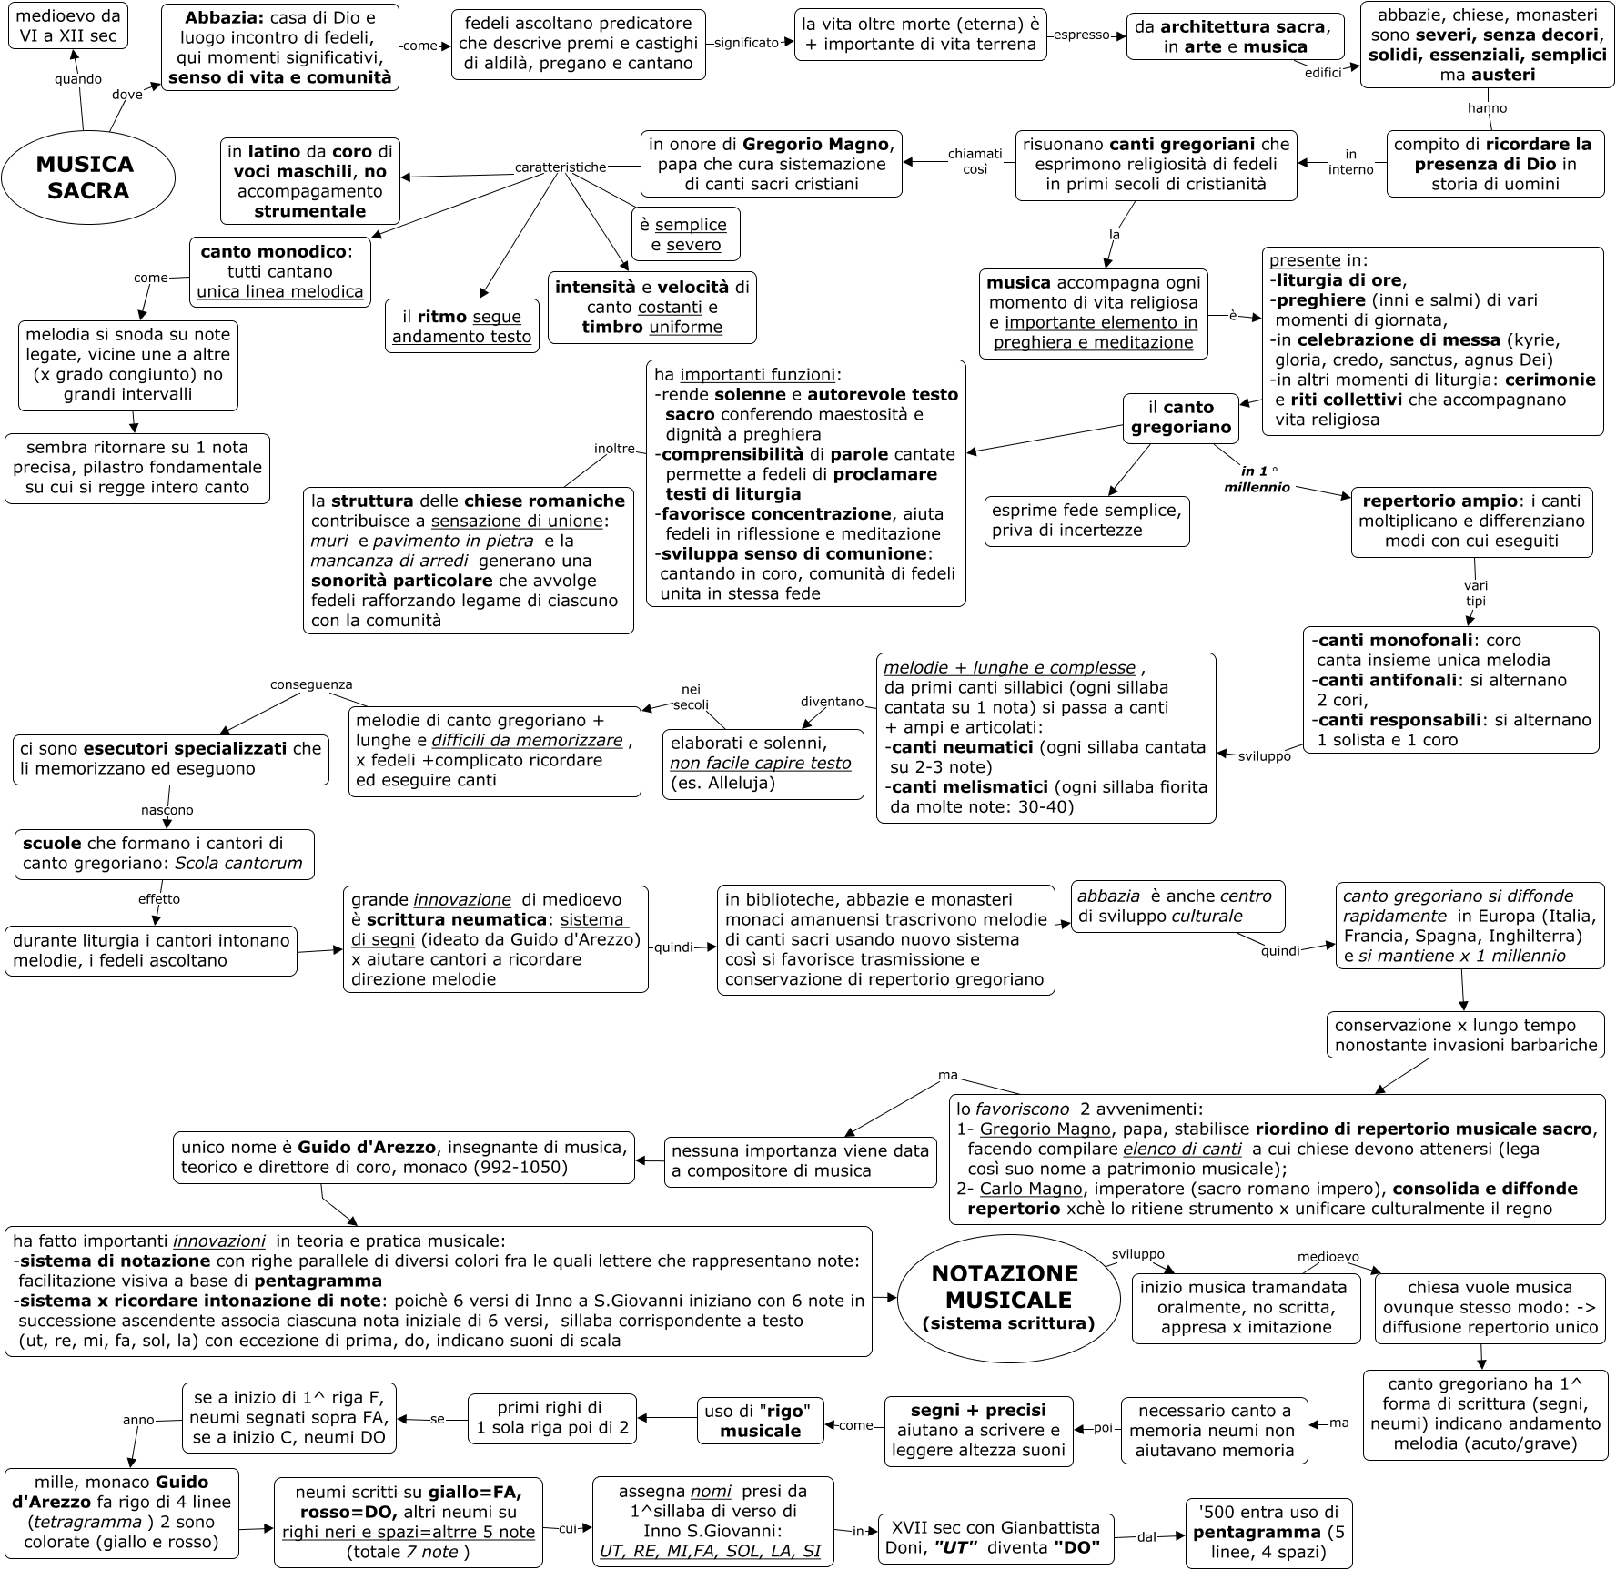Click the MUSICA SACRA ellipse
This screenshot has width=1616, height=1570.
87,177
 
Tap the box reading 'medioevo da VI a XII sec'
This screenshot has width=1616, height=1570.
68,26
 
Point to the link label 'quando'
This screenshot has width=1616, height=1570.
78,79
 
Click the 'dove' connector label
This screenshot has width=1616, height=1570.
127,95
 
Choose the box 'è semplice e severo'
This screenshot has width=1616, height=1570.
685,235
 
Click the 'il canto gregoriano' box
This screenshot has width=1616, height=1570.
1180,418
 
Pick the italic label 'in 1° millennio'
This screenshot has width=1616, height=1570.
1257,479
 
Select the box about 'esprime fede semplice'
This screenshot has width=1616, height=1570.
1086,521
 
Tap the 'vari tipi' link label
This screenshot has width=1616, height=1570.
1475,593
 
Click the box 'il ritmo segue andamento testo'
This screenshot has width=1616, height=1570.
461,327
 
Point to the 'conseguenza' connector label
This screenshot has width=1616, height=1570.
311,684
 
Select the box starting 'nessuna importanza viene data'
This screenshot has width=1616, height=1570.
800,1161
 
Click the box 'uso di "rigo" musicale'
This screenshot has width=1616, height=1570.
760,1421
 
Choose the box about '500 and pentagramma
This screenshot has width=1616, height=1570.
1268,1533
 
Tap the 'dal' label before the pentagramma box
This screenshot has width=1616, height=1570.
1146,1537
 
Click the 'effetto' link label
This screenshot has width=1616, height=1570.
159,899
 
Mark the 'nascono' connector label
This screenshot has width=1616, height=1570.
167,810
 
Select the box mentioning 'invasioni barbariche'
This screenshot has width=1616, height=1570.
1465,1036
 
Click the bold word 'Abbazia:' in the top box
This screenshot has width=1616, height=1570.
225,17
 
